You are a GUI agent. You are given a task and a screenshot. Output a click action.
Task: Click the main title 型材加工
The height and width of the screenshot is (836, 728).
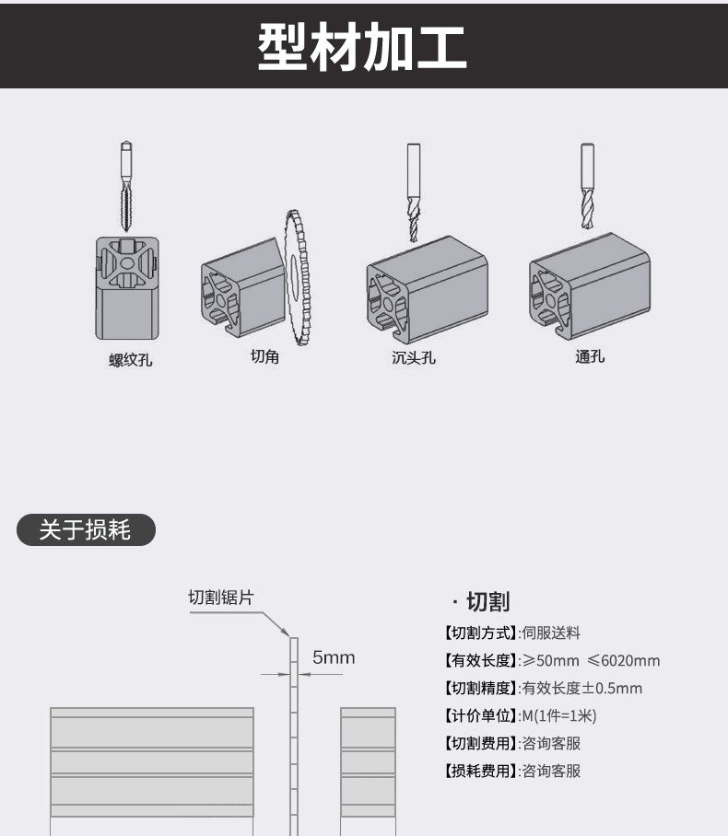[x=362, y=47]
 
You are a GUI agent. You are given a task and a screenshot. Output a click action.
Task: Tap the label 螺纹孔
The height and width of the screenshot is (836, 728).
[x=131, y=360]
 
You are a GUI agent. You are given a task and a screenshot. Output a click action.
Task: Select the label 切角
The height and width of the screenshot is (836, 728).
[x=264, y=356]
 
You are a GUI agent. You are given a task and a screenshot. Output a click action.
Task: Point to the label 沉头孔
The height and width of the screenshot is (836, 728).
[x=414, y=357]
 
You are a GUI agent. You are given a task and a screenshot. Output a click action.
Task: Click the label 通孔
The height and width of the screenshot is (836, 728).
[x=590, y=356]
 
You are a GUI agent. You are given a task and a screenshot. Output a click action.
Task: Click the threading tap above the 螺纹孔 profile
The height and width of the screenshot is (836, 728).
[x=126, y=186]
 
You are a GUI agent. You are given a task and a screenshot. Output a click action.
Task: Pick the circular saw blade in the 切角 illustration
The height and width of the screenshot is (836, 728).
[x=298, y=277]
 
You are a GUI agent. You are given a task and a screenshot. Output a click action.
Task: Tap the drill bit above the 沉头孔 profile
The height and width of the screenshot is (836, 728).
[x=413, y=192]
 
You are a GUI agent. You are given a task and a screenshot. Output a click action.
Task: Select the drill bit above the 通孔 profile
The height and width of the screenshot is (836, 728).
[x=587, y=186]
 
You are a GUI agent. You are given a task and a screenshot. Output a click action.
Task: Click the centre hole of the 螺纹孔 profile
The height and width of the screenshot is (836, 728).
[x=127, y=263]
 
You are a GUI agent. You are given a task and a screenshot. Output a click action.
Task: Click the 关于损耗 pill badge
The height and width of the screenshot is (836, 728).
[x=86, y=529]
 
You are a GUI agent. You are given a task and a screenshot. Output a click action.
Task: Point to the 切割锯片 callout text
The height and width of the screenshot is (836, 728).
[x=221, y=598]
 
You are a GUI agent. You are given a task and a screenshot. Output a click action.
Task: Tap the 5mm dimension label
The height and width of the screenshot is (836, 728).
[x=334, y=657]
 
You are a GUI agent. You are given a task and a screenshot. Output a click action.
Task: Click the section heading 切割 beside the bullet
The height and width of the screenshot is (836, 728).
[x=488, y=601]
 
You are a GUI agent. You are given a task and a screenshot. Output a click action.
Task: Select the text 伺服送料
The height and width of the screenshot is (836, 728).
[x=551, y=633]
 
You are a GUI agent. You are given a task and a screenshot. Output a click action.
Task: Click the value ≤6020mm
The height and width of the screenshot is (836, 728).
[x=623, y=660]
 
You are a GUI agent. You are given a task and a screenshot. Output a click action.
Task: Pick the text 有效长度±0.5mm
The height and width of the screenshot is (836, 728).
[x=581, y=689]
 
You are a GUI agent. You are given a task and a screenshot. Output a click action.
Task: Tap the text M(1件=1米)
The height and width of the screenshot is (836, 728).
[x=558, y=715]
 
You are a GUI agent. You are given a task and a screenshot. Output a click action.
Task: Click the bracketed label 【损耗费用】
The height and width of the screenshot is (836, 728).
[x=480, y=771]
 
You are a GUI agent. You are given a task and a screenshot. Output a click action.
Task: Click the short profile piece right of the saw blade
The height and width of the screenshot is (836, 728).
[x=369, y=772]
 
